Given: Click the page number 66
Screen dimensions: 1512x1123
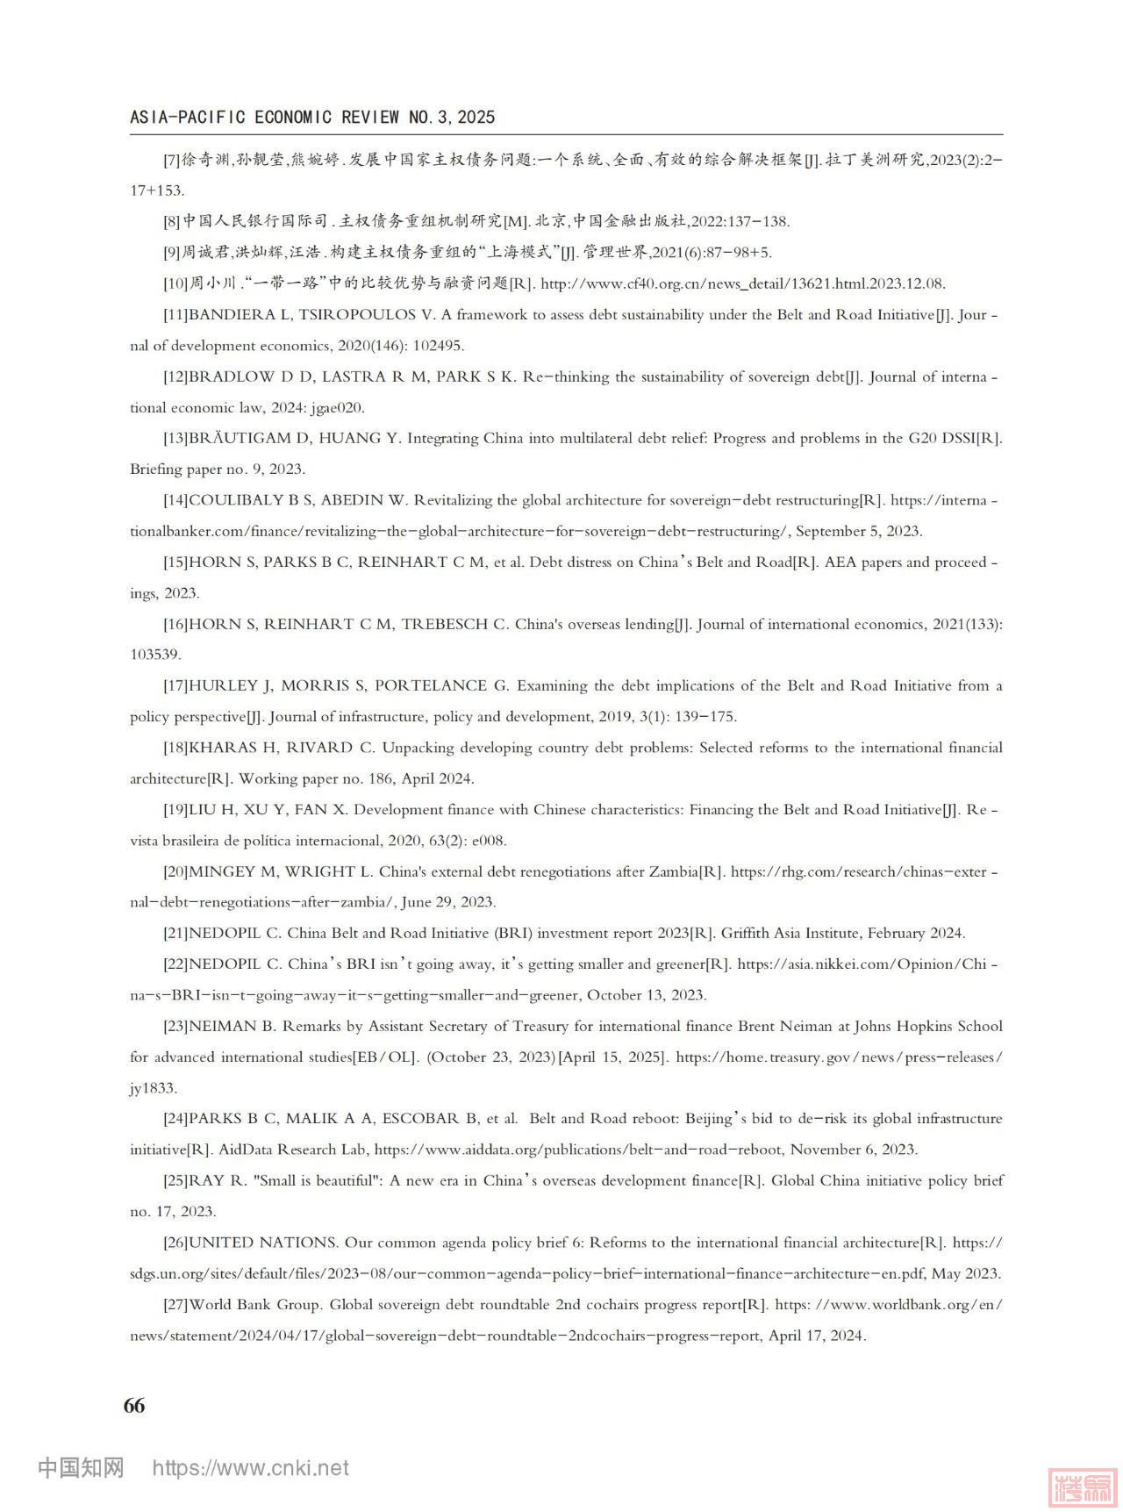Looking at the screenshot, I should point(134,1405).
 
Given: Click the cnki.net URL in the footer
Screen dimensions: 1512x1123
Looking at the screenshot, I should point(250,1468).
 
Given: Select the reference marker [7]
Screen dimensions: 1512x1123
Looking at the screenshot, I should point(172,160).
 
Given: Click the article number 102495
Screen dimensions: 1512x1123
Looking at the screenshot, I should point(433,346).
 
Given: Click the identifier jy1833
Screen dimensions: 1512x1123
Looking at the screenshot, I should point(154,1088).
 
